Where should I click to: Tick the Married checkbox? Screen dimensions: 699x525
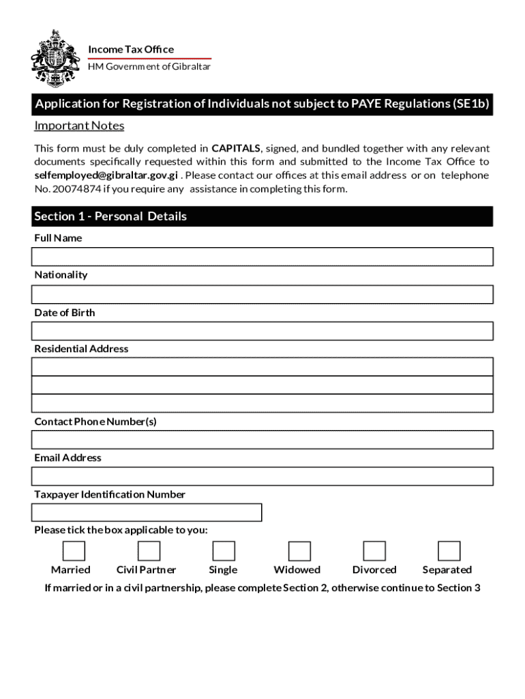74,551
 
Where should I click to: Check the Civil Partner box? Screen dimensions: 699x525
149,551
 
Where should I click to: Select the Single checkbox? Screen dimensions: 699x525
224,551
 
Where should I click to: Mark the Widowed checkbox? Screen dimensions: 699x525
299,551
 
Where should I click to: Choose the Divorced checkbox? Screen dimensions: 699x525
374,551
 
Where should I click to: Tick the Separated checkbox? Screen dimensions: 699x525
449,551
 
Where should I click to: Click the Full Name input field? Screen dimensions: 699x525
262,257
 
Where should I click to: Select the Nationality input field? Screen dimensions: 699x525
262,294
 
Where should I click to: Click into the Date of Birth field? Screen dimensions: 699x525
262,331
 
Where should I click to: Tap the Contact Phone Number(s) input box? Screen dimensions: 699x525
262,440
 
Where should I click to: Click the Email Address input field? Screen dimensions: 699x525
262,476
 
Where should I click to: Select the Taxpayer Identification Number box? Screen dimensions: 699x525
147,513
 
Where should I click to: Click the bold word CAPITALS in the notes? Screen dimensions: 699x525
236,148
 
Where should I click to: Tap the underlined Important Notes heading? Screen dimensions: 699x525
79,126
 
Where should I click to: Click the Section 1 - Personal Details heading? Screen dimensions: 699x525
110,216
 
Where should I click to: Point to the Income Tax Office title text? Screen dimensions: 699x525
131,49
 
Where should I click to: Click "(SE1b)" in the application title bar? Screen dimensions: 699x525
471,104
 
